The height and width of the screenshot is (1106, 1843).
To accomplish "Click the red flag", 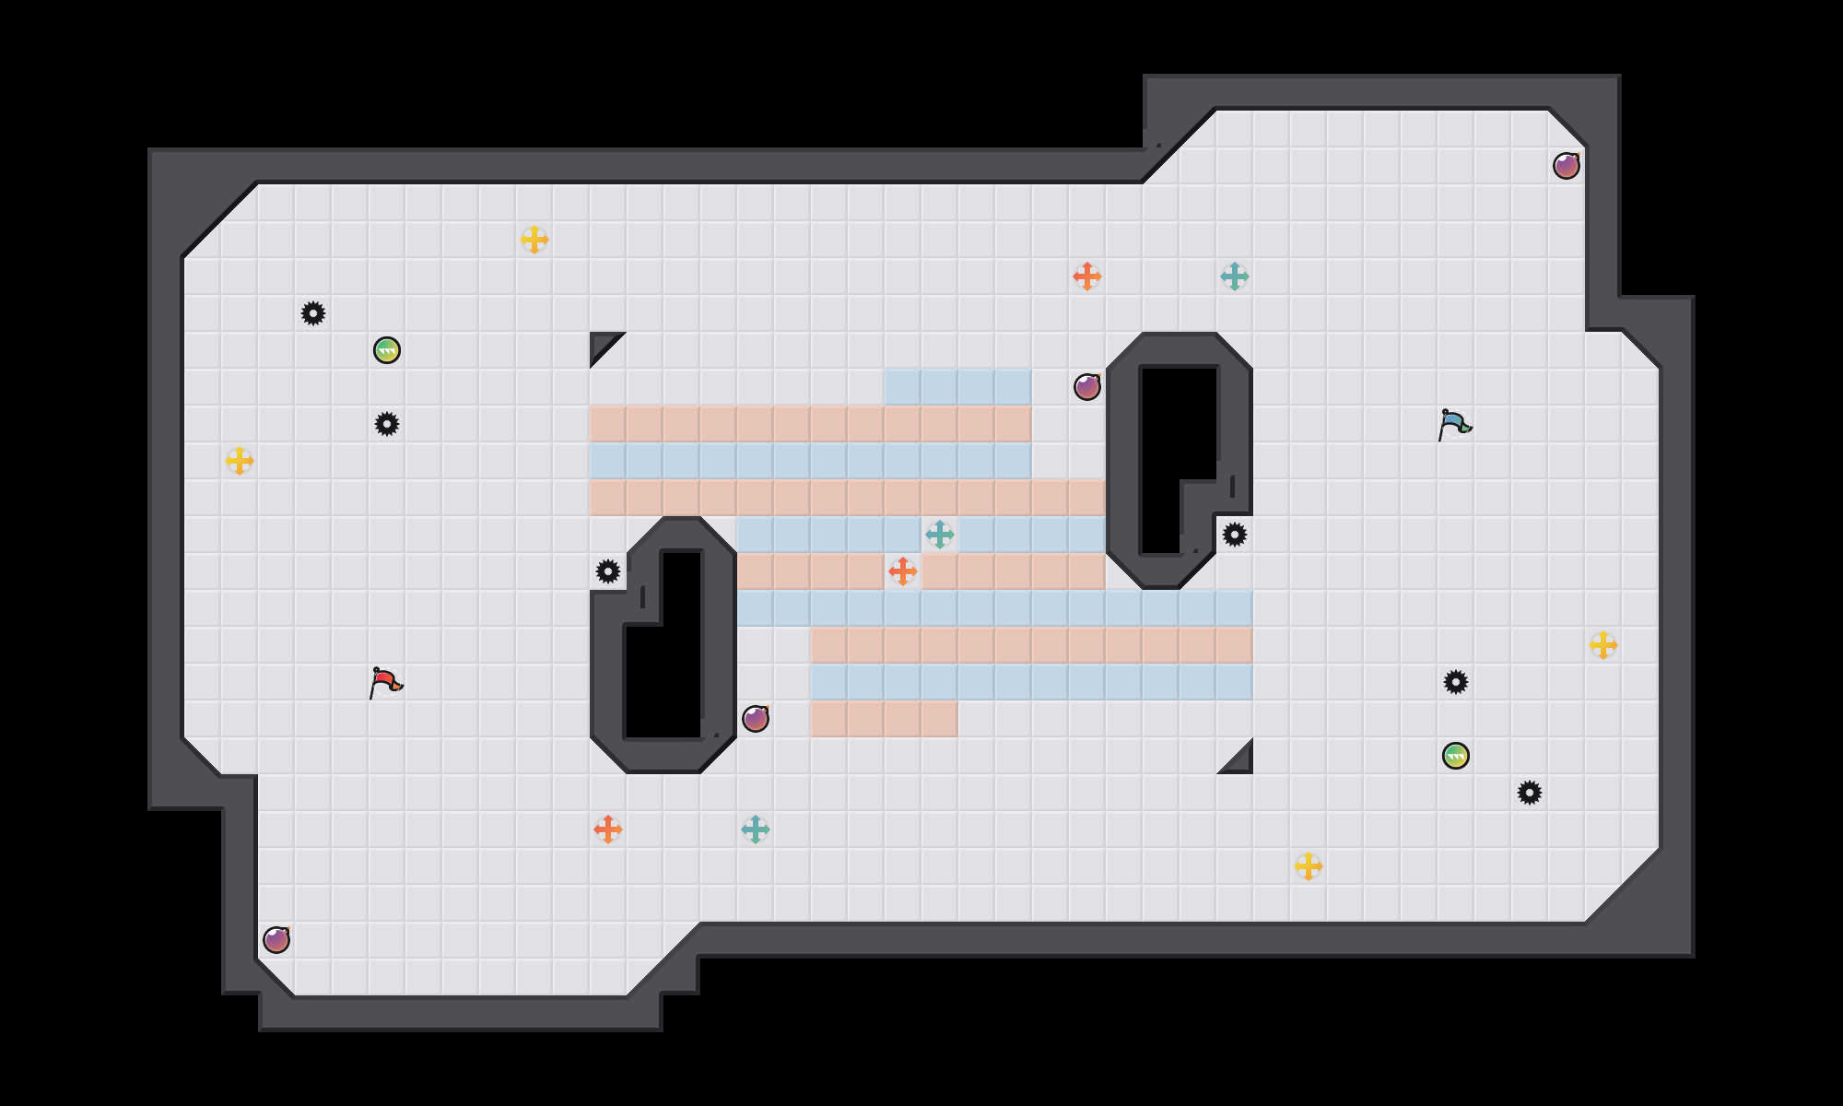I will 385,683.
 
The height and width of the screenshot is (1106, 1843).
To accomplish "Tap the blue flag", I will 1454,425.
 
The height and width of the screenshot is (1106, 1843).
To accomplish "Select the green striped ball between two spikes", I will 387,350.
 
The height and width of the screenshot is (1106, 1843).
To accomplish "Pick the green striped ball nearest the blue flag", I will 1456,756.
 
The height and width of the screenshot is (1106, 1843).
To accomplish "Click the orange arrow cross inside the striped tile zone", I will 903,571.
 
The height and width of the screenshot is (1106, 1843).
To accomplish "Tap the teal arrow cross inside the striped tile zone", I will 940,535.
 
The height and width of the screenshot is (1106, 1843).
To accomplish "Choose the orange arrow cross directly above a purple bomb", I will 1087,276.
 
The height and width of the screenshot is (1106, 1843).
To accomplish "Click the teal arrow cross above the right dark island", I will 1235,276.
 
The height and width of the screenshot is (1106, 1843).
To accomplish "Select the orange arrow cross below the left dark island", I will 608,829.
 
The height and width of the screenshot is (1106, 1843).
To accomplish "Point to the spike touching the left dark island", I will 608,571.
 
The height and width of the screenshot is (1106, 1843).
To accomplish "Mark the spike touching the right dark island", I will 1235,535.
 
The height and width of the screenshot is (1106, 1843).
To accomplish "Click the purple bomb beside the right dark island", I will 1087,387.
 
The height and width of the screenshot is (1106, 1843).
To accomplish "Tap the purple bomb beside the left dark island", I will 756,719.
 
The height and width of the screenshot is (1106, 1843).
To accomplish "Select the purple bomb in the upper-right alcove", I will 1567,166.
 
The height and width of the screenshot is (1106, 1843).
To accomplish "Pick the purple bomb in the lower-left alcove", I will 276,940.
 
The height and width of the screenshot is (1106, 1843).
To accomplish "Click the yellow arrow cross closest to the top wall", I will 534,240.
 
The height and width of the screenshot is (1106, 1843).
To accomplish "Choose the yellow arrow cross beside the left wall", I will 240,461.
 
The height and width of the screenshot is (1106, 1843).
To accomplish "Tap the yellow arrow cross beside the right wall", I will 1603,645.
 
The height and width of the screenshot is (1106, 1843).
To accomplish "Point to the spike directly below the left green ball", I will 387,424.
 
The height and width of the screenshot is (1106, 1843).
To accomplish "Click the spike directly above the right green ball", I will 1456,682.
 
